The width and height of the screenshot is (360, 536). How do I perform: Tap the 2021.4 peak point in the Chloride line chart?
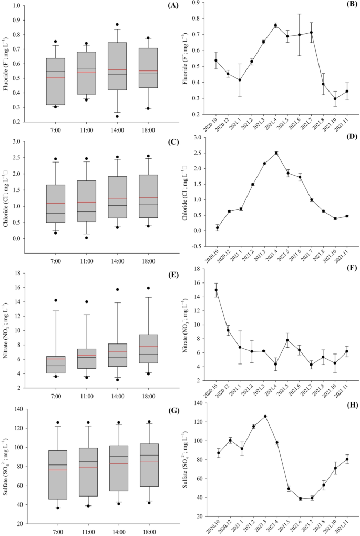coord(275,153)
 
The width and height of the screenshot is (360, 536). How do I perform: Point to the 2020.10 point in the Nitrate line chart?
coord(217,290)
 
